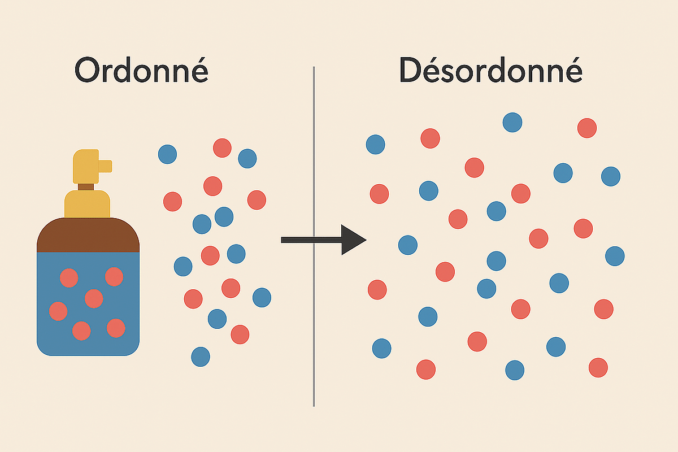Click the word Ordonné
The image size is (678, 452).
[141, 71]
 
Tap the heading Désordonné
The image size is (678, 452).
[490, 71]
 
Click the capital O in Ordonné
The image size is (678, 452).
[90, 71]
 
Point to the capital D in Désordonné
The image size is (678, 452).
[412, 71]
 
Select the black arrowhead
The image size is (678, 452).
[354, 240]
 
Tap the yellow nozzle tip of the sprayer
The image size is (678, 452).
[106, 166]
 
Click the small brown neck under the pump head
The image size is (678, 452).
[86, 187]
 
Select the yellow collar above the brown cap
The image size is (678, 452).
[87, 204]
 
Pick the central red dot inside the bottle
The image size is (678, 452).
[93, 298]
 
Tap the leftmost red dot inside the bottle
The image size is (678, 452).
[58, 311]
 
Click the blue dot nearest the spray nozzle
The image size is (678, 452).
[167, 154]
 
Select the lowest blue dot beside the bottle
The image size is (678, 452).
[201, 357]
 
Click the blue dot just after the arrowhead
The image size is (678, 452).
[407, 245]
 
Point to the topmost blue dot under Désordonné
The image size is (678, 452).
[512, 122]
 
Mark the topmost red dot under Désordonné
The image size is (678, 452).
[587, 128]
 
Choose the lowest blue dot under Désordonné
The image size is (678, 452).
[515, 370]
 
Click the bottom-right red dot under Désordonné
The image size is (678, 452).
[598, 367]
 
